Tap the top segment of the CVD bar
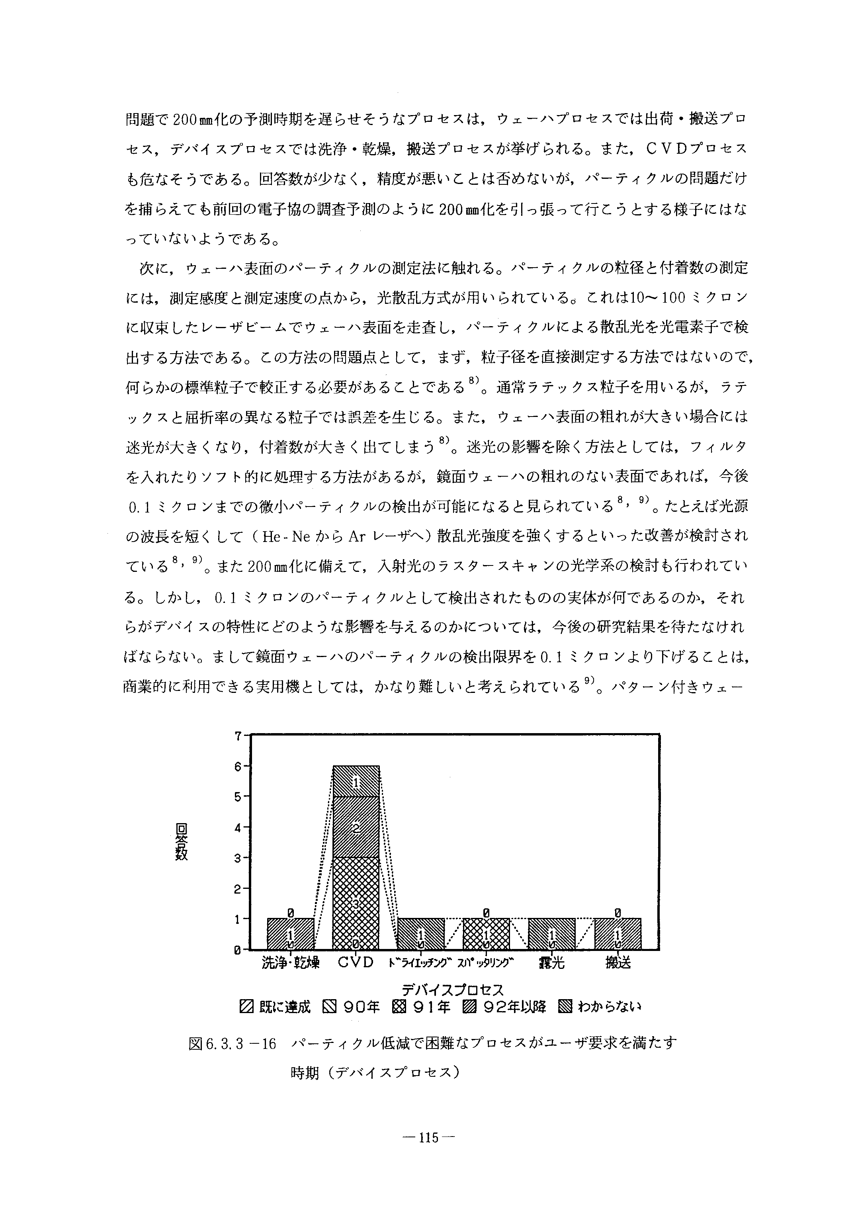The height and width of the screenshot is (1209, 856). click(x=356, y=781)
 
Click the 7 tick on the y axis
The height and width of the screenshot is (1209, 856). click(x=238, y=736)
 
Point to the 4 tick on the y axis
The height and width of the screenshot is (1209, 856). click(x=238, y=828)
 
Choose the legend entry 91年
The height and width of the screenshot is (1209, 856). click(x=421, y=1007)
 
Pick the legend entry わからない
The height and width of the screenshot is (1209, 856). click(x=600, y=1007)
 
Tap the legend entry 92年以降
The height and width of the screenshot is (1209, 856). click(x=506, y=1007)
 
